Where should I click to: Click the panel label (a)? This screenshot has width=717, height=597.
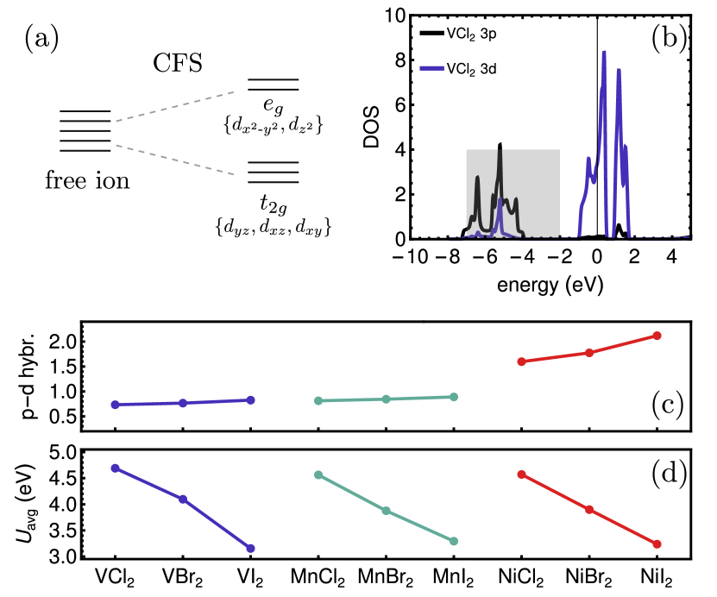coord(41,39)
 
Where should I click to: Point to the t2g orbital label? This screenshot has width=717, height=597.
coord(272,205)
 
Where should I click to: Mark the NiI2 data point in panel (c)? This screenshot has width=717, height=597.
coord(657,336)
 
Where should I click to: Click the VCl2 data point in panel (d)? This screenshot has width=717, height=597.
coord(115,468)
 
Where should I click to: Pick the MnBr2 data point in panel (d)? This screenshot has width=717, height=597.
coord(387,511)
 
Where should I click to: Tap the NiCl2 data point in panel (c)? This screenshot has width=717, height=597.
coord(521,361)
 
